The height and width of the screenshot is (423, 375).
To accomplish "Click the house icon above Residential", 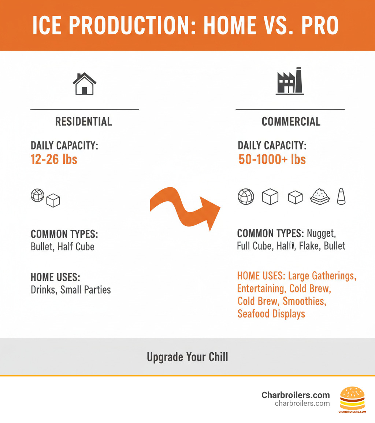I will [84, 84].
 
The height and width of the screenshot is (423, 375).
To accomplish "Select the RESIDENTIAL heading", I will [83, 122].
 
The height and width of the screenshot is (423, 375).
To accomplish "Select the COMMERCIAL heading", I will [291, 122].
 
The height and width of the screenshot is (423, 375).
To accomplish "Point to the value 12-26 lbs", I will [54, 159].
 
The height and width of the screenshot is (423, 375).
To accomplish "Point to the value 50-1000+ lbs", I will [272, 159].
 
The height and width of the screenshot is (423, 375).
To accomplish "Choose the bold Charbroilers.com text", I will [296, 395].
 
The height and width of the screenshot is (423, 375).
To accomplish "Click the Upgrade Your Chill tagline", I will [187, 357].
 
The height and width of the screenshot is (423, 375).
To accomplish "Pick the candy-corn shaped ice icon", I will [341, 197].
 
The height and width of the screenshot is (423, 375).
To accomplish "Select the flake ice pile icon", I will [320, 197].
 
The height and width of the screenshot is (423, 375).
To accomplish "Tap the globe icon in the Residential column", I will [37, 195].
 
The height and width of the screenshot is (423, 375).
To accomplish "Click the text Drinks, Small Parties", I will [71, 290].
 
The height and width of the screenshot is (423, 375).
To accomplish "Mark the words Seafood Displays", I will [271, 314].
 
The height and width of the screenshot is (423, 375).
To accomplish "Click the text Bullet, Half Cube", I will [63, 247].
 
